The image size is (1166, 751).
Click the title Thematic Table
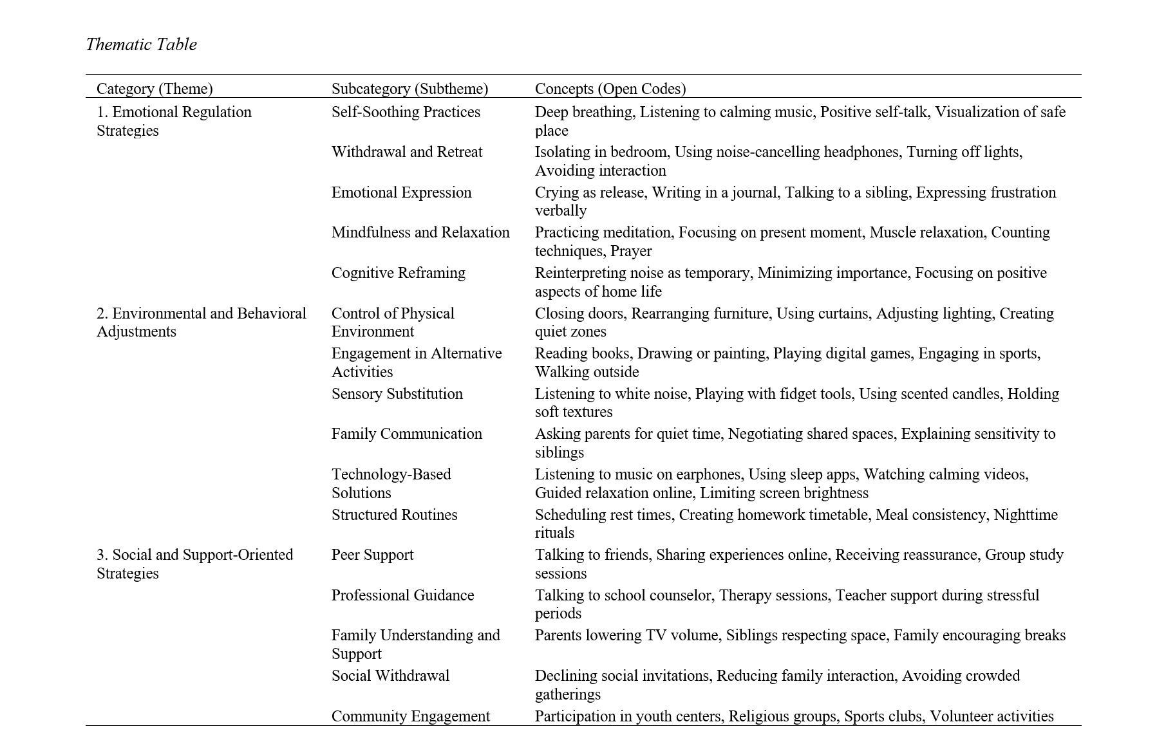pos(141,44)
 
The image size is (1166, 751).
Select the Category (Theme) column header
pos(155,88)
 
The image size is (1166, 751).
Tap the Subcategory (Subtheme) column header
pos(409,88)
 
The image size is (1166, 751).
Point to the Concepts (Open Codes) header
pos(610,88)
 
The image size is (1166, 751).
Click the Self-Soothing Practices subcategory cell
pos(406,112)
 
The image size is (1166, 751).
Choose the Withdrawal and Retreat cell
pos(407,152)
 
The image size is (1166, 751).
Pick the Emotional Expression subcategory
pos(401,192)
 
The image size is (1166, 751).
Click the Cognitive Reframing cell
pos(398,273)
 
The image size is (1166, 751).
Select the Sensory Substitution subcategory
pos(397,394)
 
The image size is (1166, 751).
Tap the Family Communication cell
pos(406,434)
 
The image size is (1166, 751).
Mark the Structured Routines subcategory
pos(394,515)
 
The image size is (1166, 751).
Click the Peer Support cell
pos(372,555)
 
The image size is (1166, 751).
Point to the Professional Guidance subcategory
pos(402,595)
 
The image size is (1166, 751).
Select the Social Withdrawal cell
pos(390,676)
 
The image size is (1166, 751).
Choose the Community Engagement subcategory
pos(410,716)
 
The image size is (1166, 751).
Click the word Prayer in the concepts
pos(631,251)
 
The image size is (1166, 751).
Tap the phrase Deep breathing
pos(584,112)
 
